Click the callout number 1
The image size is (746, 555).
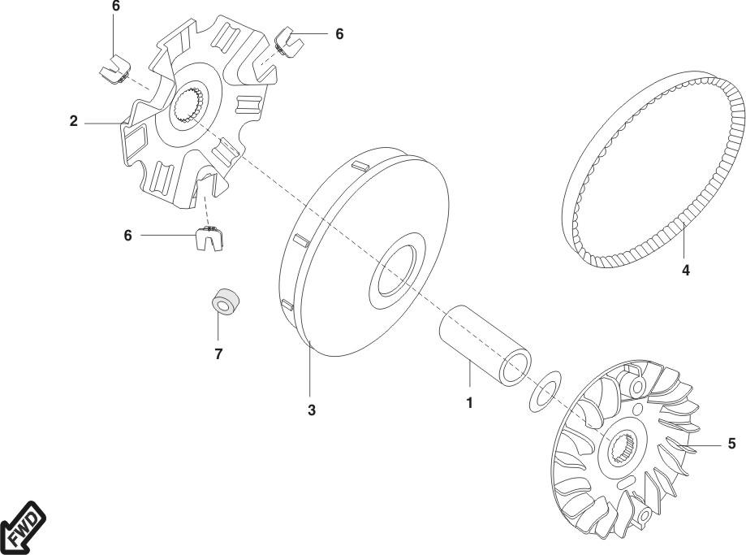coord(469,401)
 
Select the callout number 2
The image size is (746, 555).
coord(73,122)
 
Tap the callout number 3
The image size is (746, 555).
coord(311,410)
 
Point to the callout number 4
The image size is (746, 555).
coord(685,271)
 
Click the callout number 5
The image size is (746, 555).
coord(731,444)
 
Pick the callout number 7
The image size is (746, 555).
coord(218,353)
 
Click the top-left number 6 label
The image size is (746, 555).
coord(115,7)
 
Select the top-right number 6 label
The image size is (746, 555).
coord(339,34)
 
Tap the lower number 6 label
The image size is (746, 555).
coord(127,235)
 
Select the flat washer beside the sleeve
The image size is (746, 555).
coord(544,390)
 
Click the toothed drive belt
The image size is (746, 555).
coord(649,171)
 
